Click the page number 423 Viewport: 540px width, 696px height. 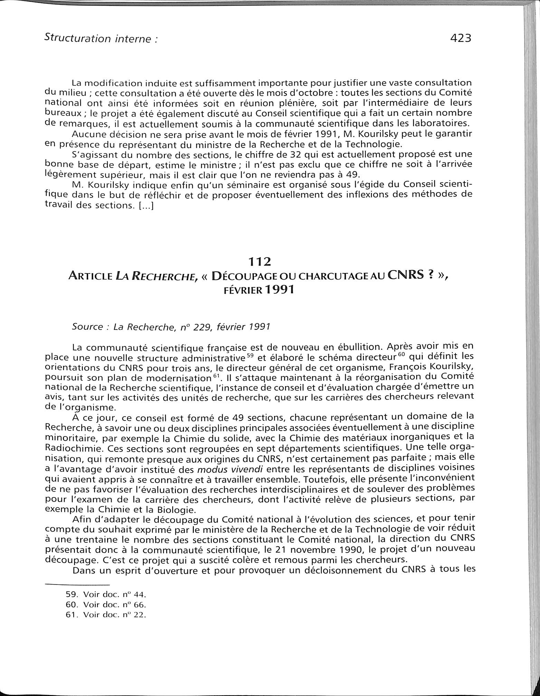pos(461,38)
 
